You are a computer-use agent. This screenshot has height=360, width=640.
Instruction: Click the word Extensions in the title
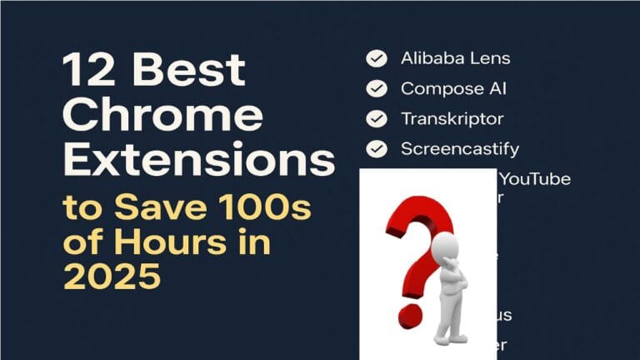199,159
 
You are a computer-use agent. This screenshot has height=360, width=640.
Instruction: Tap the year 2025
112,277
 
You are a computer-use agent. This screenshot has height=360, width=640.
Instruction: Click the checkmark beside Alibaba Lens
377,58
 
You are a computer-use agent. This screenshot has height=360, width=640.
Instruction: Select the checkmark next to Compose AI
377,88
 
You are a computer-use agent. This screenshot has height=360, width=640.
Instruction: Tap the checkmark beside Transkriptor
377,118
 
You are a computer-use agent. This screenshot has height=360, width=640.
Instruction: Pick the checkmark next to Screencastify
377,149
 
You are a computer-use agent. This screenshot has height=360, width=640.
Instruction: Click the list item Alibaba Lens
455,58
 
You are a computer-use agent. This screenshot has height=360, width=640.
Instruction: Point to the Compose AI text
453,88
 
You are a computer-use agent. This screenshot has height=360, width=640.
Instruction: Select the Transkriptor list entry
452,118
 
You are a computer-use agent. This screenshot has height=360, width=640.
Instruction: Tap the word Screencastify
460,149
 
